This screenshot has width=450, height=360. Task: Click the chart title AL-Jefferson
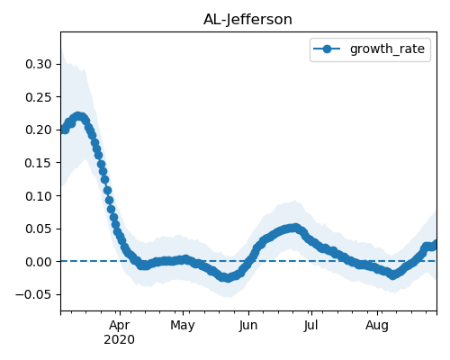pyautogui.click(x=247, y=20)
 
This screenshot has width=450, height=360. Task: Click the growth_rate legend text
pyautogui.click(x=387, y=49)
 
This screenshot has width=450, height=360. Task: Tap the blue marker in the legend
pyautogui.click(x=327, y=49)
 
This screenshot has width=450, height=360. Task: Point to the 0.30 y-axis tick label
pyautogui.click(x=39, y=64)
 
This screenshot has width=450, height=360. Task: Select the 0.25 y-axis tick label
pyautogui.click(x=39, y=97)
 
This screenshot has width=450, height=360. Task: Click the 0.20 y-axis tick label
pyautogui.click(x=39, y=130)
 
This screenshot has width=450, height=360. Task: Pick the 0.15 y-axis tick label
pyautogui.click(x=39, y=163)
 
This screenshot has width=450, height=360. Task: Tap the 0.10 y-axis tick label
pyautogui.click(x=39, y=196)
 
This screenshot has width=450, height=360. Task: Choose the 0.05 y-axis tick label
pyautogui.click(x=39, y=229)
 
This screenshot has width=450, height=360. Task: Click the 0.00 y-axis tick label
pyautogui.click(x=39, y=262)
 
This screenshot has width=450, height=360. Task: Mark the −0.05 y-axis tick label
pyautogui.click(x=33, y=294)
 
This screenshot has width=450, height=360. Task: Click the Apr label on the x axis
pyautogui.click(x=120, y=326)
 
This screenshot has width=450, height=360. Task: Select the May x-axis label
pyautogui.click(x=183, y=326)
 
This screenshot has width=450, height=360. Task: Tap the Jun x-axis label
pyautogui.click(x=248, y=326)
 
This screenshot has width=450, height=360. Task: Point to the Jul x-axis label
pyautogui.click(x=310, y=326)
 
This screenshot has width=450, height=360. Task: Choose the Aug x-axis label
pyautogui.click(x=377, y=326)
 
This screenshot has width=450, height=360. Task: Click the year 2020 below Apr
pyautogui.click(x=119, y=340)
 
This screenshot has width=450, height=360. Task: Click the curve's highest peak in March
pyautogui.click(x=78, y=116)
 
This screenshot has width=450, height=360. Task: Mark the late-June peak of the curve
pyautogui.click(x=295, y=228)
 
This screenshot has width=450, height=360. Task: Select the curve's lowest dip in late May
pyautogui.click(x=228, y=278)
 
